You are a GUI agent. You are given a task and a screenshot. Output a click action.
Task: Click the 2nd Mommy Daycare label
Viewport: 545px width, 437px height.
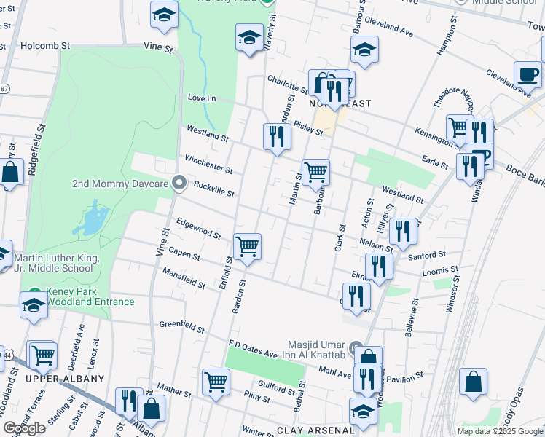click(x=120, y=184)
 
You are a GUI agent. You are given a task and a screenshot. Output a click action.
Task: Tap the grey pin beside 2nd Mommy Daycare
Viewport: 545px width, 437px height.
click(x=180, y=184)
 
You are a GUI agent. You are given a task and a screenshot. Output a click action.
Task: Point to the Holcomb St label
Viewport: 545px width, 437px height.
click(x=45, y=45)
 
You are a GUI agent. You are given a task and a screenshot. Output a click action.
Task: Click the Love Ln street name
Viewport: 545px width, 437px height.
click(x=202, y=98)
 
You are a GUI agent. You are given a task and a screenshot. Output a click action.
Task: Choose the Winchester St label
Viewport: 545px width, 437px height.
click(x=208, y=165)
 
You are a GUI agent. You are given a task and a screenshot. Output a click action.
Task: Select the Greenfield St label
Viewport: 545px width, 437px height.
click(x=182, y=325)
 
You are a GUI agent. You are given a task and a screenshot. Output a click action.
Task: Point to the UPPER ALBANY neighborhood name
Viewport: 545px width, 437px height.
click(x=65, y=379)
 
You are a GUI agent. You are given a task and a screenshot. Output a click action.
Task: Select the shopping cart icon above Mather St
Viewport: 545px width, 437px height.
click(x=216, y=382)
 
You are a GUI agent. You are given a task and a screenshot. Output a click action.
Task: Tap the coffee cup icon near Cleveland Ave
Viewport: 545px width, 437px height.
click(x=527, y=74)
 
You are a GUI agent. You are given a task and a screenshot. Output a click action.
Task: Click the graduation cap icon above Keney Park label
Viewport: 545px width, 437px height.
click(x=34, y=305)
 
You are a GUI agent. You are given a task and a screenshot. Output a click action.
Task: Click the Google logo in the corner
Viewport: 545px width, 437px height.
click(x=25, y=428)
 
